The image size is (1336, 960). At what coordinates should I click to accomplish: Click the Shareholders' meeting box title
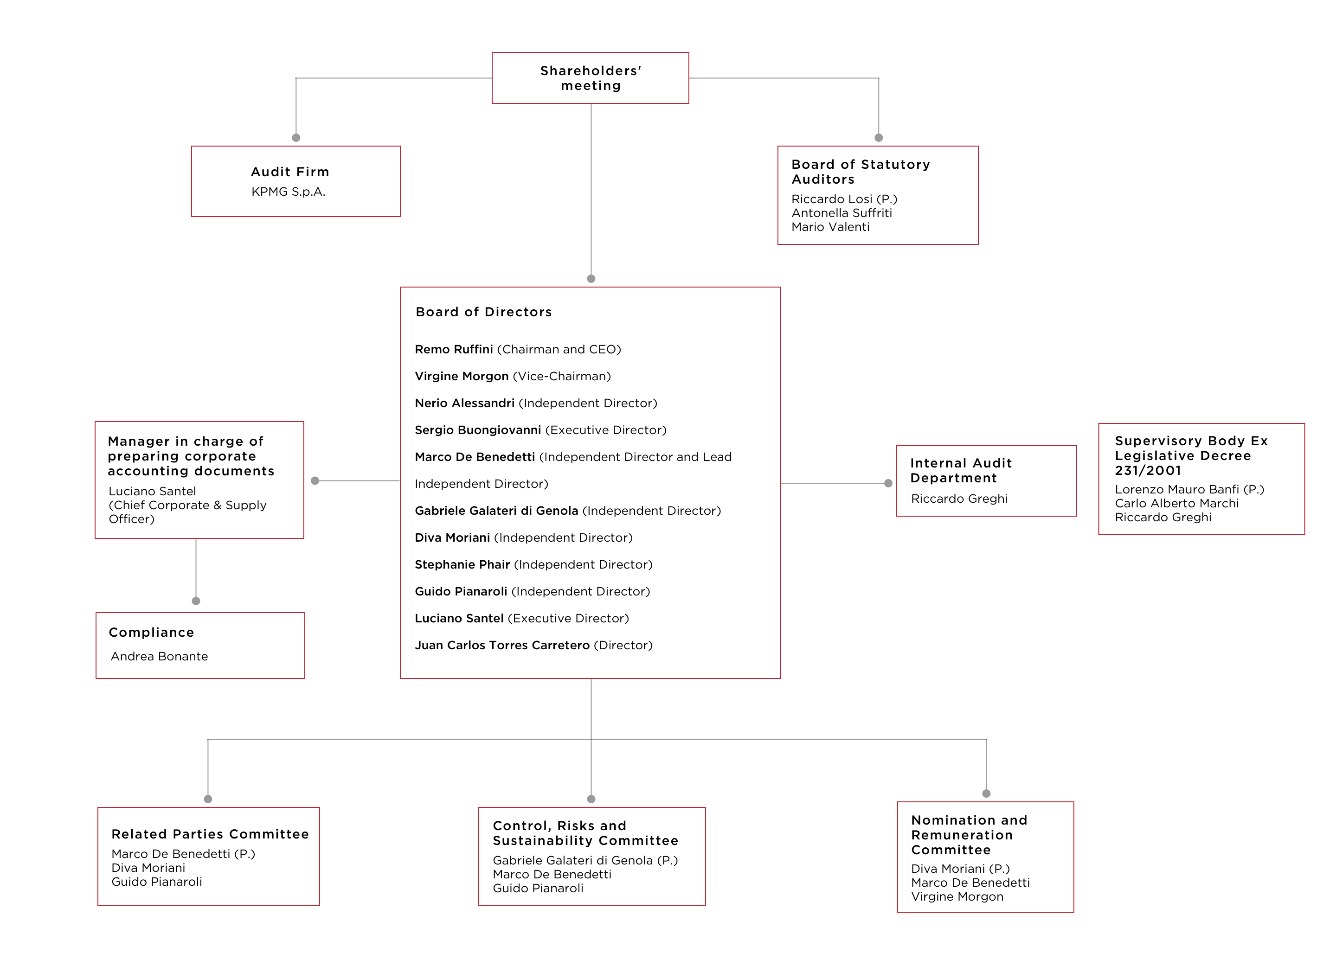(x=591, y=78)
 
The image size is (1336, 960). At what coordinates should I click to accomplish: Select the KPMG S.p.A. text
(x=288, y=192)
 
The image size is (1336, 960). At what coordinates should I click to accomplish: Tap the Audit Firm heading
(x=290, y=172)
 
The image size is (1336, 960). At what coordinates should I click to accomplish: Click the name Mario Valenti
(x=830, y=227)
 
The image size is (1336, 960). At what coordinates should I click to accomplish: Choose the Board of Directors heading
(x=484, y=312)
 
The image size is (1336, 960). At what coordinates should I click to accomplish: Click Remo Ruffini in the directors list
(x=454, y=349)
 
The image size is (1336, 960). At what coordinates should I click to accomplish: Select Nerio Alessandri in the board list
(x=464, y=403)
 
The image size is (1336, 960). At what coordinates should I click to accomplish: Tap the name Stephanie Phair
(x=462, y=564)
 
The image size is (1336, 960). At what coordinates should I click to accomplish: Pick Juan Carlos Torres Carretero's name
(x=502, y=645)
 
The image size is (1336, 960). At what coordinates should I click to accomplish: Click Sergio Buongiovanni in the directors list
(x=478, y=430)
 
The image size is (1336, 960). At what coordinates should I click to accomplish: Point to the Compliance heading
(x=151, y=633)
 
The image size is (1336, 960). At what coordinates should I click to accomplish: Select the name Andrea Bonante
(x=159, y=656)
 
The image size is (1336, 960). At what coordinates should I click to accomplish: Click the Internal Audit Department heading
(x=961, y=471)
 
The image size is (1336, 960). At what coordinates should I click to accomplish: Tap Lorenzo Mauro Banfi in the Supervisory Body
(x=1177, y=489)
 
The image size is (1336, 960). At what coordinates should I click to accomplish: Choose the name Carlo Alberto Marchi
(x=1176, y=503)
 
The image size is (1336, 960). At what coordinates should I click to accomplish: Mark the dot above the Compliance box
(x=196, y=601)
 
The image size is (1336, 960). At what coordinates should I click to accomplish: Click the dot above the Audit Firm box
(x=296, y=138)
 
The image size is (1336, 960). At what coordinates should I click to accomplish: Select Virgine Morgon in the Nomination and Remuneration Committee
(x=957, y=896)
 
